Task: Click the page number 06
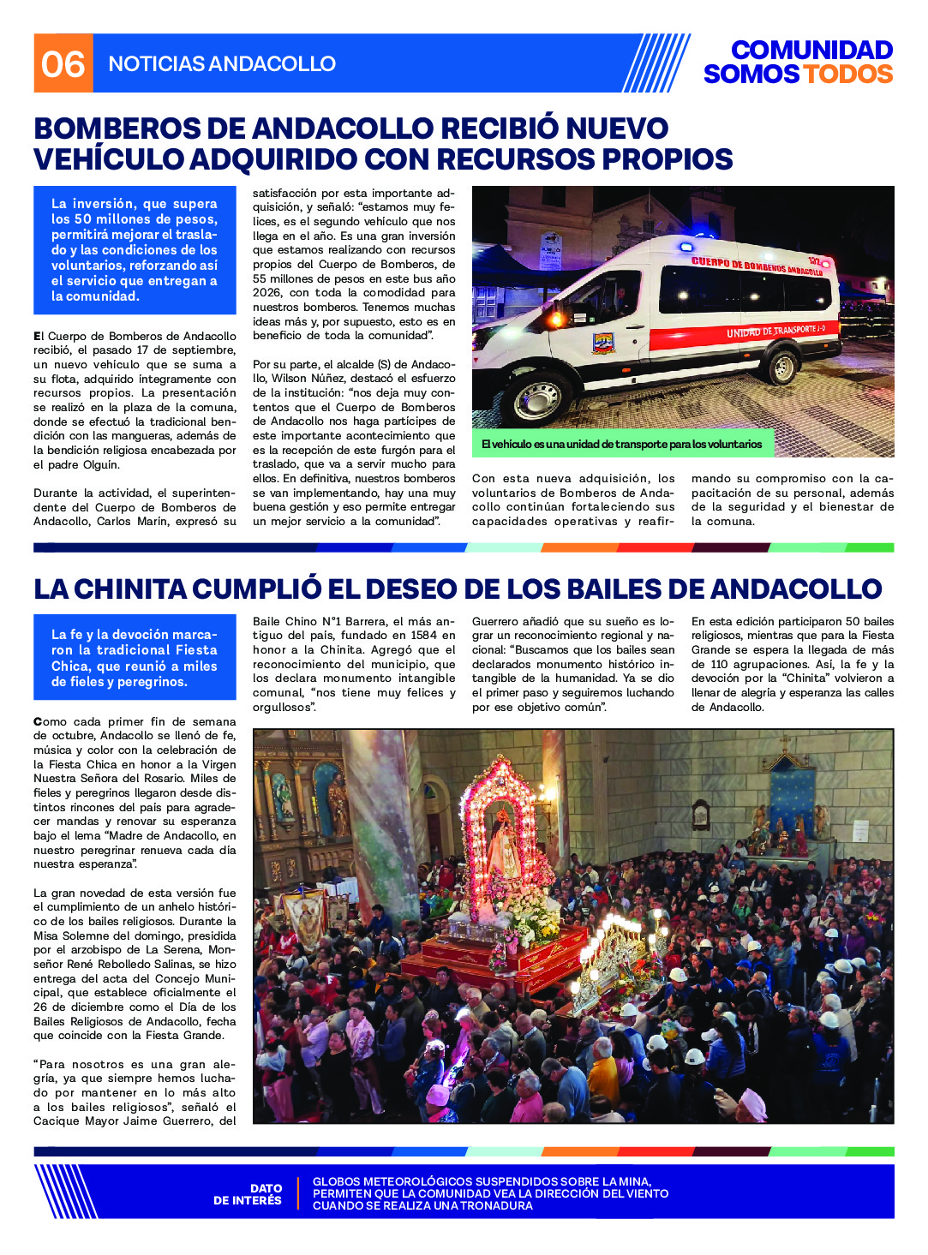click(63, 64)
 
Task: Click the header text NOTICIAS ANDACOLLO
click(222, 64)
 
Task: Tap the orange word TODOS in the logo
click(847, 75)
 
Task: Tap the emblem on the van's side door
click(603, 343)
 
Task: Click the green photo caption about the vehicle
click(621, 444)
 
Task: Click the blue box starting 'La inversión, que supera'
click(135, 249)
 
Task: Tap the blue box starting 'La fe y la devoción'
click(135, 658)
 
